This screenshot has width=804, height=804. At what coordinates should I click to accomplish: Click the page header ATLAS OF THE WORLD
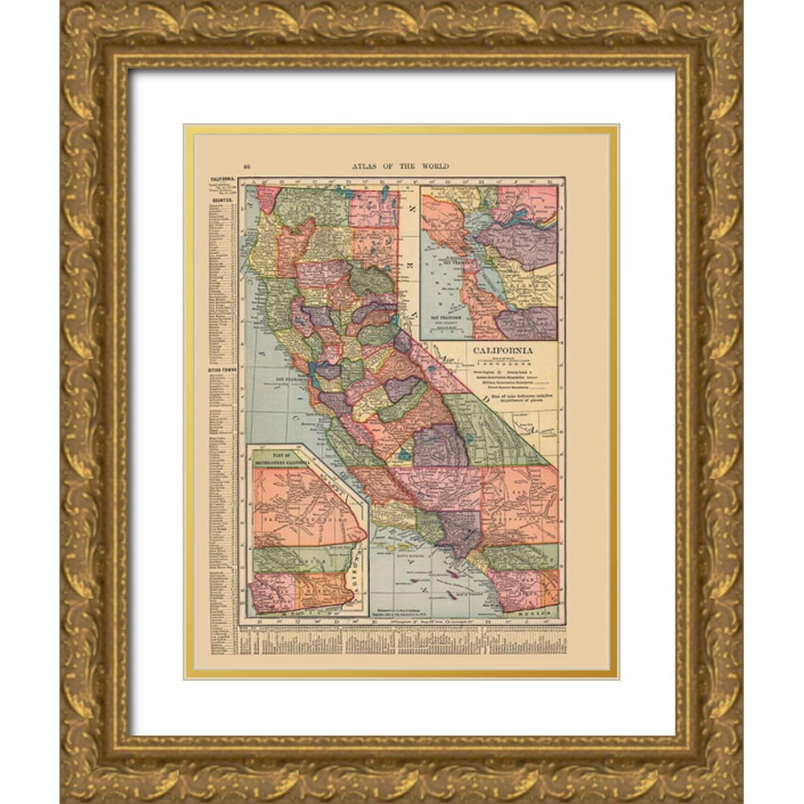[400, 166]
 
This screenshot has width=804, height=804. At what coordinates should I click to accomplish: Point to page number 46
[247, 166]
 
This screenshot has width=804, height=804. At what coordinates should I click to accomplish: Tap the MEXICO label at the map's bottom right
[542, 613]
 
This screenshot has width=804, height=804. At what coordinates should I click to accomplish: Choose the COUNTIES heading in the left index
[222, 195]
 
